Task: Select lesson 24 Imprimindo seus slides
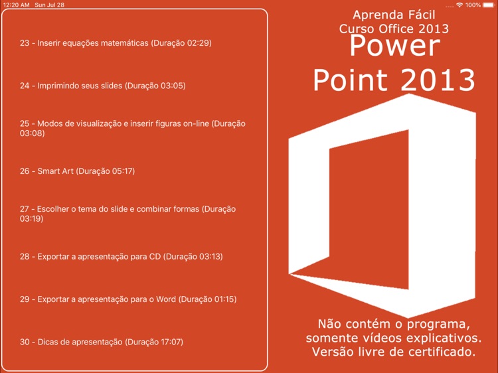coord(102,86)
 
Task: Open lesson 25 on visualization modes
coord(133,128)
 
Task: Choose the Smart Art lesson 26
coord(77,171)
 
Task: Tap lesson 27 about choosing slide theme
coord(127,214)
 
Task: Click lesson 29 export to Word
coord(128,299)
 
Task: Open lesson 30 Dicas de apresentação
coord(101,342)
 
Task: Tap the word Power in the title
coord(394,46)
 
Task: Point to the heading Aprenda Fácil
coord(394,15)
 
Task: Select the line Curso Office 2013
coord(394,29)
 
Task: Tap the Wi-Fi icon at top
coord(459,5)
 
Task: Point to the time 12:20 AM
coord(16,5)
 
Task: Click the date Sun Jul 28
coord(50,5)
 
